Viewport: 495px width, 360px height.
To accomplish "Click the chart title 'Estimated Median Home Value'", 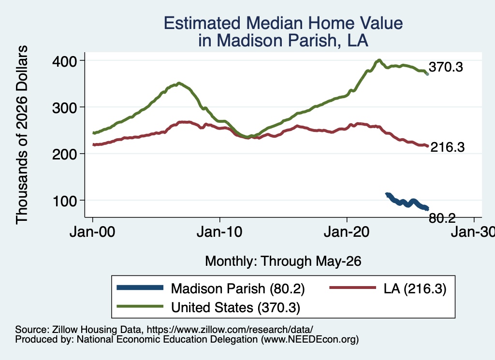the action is pos(283,23).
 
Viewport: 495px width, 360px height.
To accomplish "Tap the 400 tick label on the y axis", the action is pos(64,61).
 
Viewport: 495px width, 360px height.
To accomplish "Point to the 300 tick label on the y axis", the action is pos(64,108).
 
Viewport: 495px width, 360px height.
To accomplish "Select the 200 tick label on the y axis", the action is pos(64,154).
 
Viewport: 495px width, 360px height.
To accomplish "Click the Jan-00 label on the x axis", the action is pos(92,232).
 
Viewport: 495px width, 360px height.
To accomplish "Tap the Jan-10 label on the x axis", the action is pos(219,232).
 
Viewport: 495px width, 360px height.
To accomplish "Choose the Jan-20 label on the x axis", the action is pos(347,232).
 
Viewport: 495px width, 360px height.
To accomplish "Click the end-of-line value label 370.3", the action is pos(446,67).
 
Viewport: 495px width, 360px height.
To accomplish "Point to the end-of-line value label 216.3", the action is pos(448,147).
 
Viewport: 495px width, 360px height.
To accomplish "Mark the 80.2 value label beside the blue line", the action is pos(442,218).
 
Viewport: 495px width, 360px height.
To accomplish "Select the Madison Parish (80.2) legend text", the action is pos(238,288).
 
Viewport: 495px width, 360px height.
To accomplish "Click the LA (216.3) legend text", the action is pos(415,288).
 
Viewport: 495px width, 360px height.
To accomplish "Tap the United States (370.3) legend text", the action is pos(235,308).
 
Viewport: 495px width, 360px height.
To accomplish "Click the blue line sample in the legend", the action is pos(140,288).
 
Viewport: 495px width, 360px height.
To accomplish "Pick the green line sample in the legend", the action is pos(140,306).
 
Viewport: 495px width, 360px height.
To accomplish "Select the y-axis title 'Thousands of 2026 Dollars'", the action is pos(22,135).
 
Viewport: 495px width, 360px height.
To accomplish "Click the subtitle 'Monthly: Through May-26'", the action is pos(283,261).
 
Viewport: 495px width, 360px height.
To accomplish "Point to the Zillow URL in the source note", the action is pos(230,330).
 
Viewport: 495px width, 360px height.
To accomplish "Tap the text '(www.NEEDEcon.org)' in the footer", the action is pos(310,340).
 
